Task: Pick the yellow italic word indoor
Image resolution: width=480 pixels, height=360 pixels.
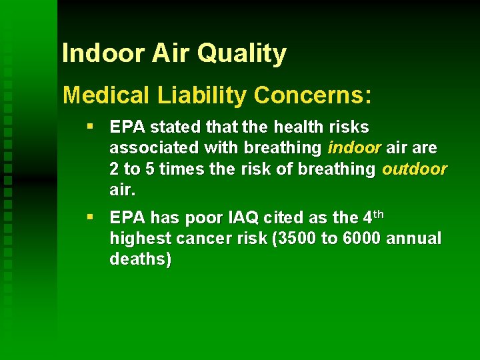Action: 355,147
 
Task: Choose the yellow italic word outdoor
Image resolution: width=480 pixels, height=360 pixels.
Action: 414,169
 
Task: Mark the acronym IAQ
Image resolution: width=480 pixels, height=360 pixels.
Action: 239,217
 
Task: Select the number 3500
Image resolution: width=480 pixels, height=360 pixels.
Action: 293,239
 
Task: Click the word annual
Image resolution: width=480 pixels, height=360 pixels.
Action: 418,239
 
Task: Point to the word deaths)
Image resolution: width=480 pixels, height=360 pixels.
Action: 140,260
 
